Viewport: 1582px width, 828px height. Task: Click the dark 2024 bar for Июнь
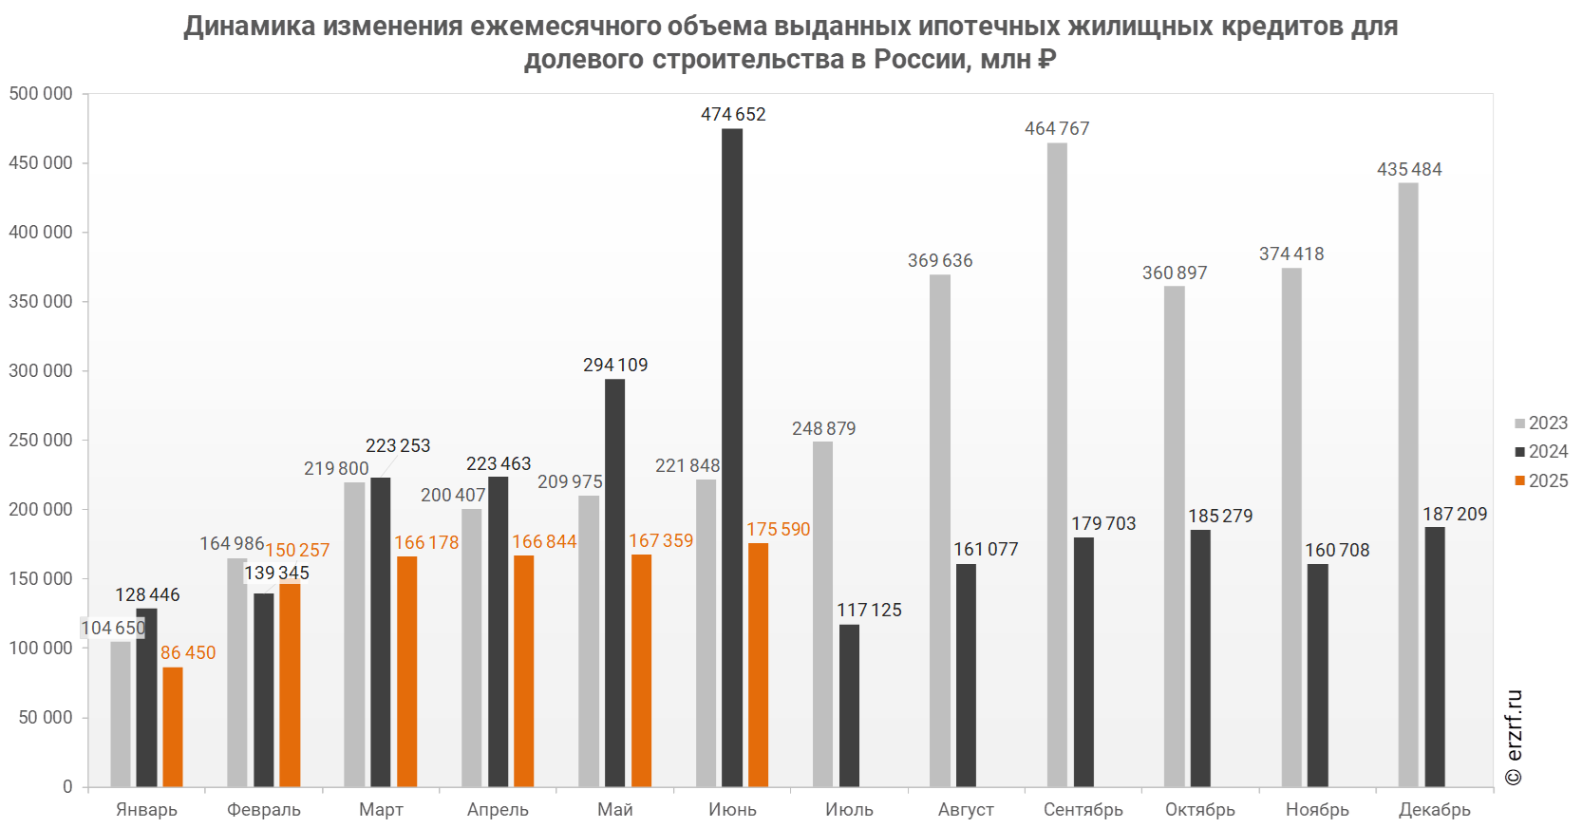[732, 456]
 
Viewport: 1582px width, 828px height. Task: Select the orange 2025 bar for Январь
[172, 726]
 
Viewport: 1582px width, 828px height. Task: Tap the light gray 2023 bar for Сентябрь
[1057, 465]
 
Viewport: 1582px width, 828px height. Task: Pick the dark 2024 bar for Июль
[849, 705]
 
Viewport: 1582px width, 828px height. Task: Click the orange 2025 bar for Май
[641, 669]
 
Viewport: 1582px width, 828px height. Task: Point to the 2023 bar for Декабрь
[1408, 484]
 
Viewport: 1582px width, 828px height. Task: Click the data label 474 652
[733, 114]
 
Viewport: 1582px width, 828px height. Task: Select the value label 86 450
[188, 652]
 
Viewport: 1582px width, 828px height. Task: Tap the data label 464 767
[1057, 128]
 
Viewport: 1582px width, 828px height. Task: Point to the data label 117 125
[869, 610]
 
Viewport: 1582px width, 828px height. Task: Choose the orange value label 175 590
[778, 529]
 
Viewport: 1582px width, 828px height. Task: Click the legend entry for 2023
[1541, 423]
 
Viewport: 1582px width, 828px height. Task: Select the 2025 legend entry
[1541, 480]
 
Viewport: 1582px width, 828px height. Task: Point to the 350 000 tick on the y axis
[41, 301]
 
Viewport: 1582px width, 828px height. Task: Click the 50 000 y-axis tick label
[46, 717]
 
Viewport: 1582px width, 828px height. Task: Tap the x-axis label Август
[967, 809]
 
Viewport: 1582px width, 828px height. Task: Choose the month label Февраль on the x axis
[264, 809]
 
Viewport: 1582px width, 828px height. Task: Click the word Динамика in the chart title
[250, 26]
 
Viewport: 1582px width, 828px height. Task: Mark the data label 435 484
[1409, 169]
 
